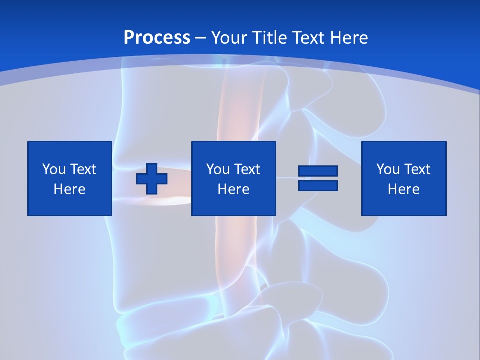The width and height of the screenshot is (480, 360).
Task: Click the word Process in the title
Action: click(157, 38)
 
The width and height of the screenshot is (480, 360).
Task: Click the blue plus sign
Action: click(152, 179)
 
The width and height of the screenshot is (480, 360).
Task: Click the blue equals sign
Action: click(318, 178)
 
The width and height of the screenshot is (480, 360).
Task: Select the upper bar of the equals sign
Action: click(318, 171)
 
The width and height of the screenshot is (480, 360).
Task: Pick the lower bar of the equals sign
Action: click(318, 185)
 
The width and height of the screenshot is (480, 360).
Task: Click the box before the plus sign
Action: click(70, 178)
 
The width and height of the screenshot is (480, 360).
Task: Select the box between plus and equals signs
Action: click(233, 178)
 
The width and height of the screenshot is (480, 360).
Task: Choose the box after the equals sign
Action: click(404, 178)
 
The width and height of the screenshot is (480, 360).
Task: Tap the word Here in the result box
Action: click(404, 189)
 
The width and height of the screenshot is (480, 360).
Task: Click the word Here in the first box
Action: click(70, 189)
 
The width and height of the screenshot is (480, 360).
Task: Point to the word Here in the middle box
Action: click(233, 189)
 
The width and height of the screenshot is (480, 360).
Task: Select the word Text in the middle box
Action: click(247, 169)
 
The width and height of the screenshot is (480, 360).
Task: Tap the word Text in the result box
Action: click(417, 169)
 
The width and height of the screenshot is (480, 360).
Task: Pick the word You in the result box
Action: click(388, 169)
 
